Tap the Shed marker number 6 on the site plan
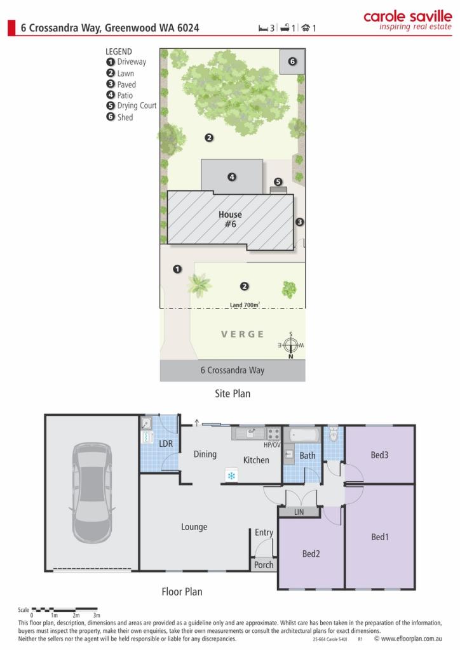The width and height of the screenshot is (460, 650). click(292, 62)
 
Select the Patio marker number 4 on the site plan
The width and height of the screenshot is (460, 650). click(232, 177)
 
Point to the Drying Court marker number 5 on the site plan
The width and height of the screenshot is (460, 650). click(278, 182)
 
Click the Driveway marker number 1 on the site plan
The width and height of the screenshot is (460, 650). click(177, 269)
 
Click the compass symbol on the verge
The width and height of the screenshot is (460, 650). click(291, 345)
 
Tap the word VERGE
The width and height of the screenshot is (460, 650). click(243, 334)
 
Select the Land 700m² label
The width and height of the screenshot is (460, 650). click(245, 305)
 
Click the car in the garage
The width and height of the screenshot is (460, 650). click(92, 493)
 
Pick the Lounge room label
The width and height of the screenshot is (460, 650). click(194, 527)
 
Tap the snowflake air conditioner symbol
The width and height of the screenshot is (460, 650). click(231, 475)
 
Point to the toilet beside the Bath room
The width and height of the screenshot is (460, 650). click(334, 434)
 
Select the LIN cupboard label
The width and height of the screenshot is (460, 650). click(299, 512)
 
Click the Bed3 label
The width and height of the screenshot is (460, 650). click(379, 454)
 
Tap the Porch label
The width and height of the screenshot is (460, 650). click(264, 564)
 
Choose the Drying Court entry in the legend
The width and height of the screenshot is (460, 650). click(132, 106)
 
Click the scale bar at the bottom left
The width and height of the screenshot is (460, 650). click(65, 609)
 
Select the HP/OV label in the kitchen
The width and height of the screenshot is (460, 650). click(272, 445)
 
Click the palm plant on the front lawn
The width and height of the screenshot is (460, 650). click(200, 285)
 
